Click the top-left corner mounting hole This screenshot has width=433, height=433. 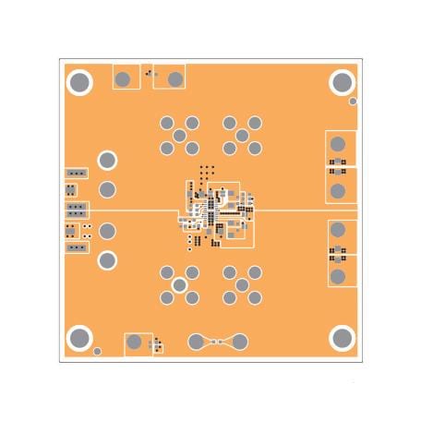coord(80,83)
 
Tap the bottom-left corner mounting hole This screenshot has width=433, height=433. coord(80,339)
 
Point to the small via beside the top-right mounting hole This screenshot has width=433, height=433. coord(353,101)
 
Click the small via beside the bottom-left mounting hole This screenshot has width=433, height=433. coord(97,352)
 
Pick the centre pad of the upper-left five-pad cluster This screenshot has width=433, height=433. coord(180,136)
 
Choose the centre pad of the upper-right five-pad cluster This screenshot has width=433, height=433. coord(242,136)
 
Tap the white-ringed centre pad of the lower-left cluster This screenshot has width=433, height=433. coord(180,285)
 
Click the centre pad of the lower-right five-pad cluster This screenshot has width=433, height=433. coord(242,285)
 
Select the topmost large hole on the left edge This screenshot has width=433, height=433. coord(107,161)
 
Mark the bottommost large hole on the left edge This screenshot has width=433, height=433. coord(107,260)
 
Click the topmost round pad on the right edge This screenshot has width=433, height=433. coord(339,144)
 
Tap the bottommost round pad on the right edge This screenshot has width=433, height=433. coord(339,275)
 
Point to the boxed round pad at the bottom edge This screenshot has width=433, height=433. coord(136,343)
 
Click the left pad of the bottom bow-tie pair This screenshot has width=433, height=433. coord(196,343)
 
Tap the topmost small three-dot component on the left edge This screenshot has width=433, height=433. coord(75,173)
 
